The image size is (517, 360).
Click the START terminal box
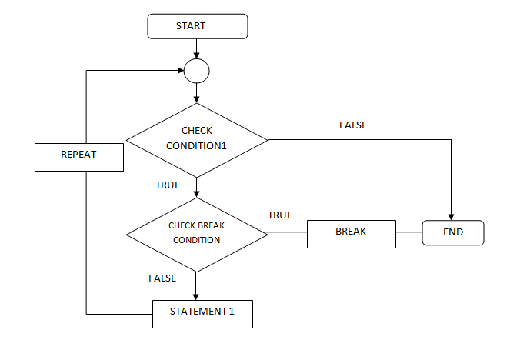197,26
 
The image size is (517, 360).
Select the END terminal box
453,232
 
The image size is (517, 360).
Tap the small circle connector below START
197,72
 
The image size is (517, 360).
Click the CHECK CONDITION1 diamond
197,139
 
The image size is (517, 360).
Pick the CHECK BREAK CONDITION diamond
197,234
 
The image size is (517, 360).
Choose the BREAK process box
351,233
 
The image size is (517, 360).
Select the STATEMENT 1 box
202,314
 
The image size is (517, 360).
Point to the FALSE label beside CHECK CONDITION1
353,125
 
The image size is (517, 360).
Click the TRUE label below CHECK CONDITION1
168,185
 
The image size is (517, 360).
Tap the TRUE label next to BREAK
280,215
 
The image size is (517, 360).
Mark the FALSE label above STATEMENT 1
162,278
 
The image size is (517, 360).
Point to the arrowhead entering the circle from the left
179,72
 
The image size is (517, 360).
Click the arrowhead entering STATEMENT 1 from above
197,296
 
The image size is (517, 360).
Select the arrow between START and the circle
197,48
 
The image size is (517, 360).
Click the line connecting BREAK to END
409,232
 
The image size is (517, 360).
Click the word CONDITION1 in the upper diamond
197,147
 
